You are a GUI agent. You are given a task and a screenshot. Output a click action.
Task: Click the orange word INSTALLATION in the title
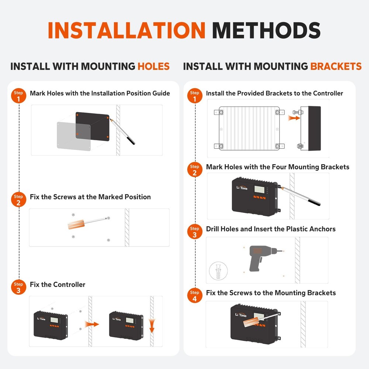(127, 30)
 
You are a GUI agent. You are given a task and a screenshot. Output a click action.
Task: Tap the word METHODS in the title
(266, 30)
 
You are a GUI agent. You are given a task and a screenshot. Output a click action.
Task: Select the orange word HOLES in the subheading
(154, 66)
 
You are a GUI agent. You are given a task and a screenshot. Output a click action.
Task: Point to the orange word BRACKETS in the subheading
(336, 66)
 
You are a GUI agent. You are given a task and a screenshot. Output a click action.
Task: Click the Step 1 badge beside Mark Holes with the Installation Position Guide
(18, 96)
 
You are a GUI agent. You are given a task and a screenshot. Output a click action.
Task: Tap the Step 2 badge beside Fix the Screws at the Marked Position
(18, 199)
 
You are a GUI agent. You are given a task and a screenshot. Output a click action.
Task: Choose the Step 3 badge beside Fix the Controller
(18, 287)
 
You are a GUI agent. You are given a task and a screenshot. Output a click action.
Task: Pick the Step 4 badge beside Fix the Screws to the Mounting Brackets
(194, 295)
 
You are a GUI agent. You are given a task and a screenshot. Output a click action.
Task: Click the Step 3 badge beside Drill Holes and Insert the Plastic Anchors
(194, 232)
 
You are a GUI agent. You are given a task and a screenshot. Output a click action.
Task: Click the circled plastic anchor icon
(218, 271)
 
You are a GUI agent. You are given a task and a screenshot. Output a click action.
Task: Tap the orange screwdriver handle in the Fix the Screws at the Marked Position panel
(76, 224)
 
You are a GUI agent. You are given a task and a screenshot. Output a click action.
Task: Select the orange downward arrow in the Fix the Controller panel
(152, 325)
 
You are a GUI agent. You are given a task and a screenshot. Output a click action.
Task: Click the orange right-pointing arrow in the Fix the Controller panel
(92, 324)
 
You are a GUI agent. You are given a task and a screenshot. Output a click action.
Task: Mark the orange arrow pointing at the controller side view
(294, 118)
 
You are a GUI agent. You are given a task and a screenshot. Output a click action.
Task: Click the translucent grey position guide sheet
(74, 136)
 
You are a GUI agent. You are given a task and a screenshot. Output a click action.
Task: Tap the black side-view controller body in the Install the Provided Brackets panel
(314, 128)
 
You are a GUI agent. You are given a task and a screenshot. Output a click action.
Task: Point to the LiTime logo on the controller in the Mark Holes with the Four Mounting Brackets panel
(242, 188)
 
